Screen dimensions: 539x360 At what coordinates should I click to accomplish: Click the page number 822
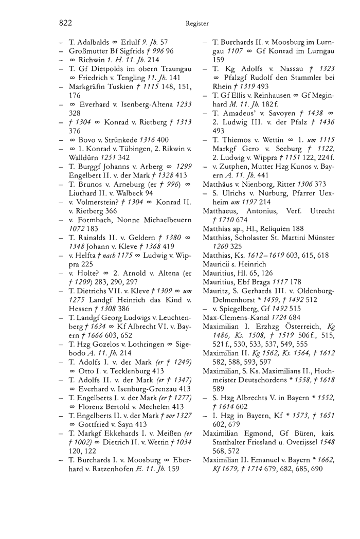point(64,23)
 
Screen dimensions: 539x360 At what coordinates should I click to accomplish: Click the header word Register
point(197,23)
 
